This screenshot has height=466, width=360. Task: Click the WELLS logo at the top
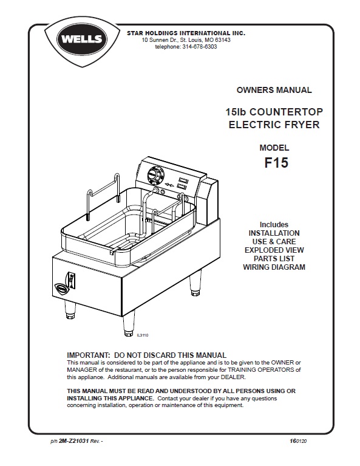click(82, 39)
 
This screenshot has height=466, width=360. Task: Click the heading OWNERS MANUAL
click(274, 90)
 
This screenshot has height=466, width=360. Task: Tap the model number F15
click(276, 163)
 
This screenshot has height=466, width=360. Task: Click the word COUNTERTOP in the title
click(286, 112)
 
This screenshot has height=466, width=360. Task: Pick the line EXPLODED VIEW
click(274, 250)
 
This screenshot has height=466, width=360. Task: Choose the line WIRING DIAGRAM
click(274, 267)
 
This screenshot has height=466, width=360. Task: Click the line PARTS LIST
click(274, 259)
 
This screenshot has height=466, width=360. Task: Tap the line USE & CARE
click(274, 241)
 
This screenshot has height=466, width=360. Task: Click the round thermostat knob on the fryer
click(155, 173)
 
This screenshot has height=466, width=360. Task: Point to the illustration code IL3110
click(142, 335)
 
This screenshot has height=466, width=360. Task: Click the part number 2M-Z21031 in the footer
click(74, 441)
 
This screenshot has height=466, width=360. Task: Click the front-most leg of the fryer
click(128, 323)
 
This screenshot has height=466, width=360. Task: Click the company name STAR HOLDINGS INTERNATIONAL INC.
click(186, 33)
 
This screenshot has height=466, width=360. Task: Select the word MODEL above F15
click(274, 148)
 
